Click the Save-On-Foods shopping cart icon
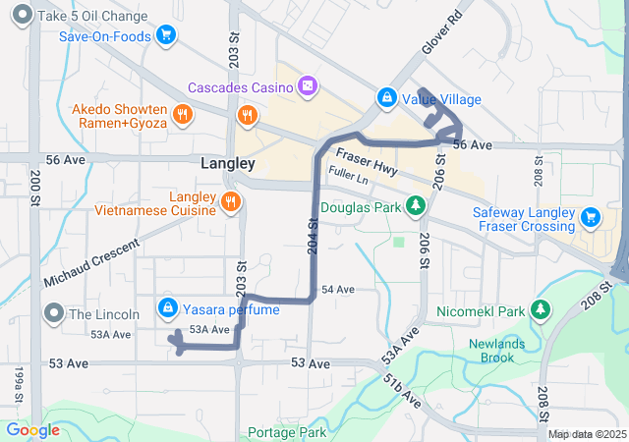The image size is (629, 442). coord(166,36)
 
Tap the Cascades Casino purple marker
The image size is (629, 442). coord(308,85)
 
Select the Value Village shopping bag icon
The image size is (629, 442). coord(387,99)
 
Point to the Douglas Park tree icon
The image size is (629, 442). coord(416,206)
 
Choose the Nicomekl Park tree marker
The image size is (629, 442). coord(540,310)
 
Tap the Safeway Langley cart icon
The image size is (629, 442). coord(590,217)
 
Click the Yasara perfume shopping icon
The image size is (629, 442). coord(167,308)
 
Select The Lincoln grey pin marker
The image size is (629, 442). coord(53,313)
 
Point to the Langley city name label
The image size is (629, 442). coord(227,163)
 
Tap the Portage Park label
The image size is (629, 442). coord(287,432)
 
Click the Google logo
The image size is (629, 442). coord(33,429)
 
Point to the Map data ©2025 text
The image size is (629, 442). coord(586,434)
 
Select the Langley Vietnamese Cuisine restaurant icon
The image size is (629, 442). coord(230,201)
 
